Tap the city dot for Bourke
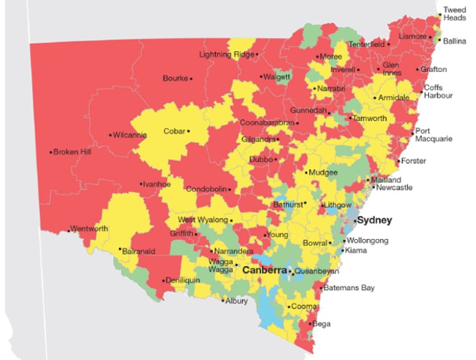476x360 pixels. point(191,79)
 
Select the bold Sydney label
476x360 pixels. point(375,221)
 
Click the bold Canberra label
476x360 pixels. point(264,271)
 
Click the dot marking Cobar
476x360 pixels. point(188,131)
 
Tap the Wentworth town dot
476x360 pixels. point(69,231)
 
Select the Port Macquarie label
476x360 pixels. point(434,135)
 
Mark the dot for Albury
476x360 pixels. point(223,301)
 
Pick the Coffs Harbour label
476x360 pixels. point(438,92)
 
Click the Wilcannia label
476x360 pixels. point(130,135)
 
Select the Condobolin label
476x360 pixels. point(206,189)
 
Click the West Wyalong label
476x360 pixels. point(202,219)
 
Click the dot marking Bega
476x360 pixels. point(309,324)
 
